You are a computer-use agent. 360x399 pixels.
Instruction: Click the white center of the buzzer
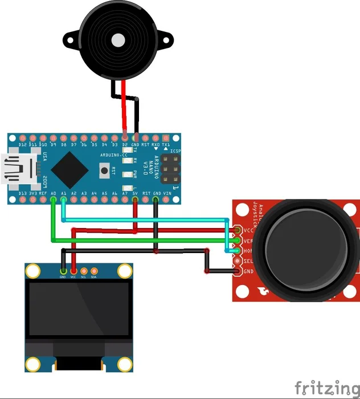tap(118, 40)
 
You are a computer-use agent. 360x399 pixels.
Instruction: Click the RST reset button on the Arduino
tap(105, 169)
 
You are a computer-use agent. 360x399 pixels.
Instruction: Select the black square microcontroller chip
tap(69, 169)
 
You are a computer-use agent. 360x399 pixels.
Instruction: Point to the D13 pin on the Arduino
tap(23, 199)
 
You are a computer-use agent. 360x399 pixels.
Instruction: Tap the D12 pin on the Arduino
tap(23, 139)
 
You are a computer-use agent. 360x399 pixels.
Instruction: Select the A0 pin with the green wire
tap(54, 199)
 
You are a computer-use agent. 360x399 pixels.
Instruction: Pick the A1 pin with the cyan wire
tap(64, 199)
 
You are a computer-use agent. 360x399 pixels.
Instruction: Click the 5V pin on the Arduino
tap(136, 199)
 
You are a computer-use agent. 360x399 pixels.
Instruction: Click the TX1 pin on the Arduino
tap(166, 139)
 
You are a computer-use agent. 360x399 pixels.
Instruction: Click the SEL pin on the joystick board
tap(238, 261)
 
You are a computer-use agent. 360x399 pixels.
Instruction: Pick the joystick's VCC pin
tap(238, 230)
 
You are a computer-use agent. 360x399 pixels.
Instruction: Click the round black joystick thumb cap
tap(295, 246)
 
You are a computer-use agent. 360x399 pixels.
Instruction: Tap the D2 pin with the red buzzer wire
tap(125, 139)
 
